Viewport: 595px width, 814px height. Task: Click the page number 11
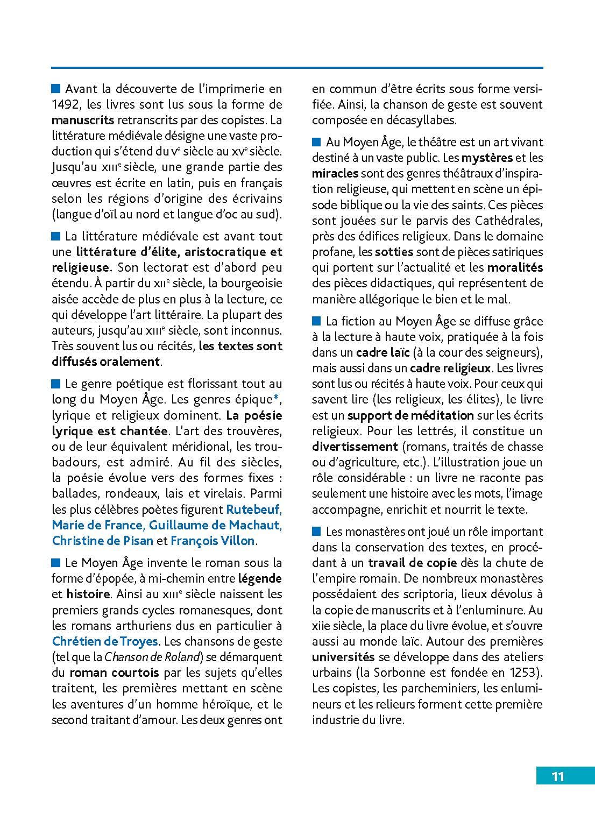(x=557, y=776)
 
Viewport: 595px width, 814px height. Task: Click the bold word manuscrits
(x=83, y=120)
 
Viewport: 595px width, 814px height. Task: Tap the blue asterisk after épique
(x=276, y=399)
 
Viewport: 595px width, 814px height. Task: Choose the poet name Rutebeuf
(x=253, y=509)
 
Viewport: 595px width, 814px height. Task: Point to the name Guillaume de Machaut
(x=215, y=525)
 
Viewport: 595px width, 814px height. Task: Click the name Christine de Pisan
(x=102, y=540)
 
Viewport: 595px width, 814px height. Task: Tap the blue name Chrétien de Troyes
(x=105, y=641)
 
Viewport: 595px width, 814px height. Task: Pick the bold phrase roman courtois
(x=114, y=673)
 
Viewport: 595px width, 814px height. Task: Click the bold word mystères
(x=487, y=158)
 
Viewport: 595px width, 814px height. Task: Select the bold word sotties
(x=394, y=252)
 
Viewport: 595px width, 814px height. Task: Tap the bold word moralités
(x=515, y=267)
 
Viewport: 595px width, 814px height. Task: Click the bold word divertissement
(x=355, y=447)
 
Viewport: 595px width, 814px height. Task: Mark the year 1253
(x=524, y=673)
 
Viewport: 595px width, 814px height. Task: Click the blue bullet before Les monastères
(x=316, y=532)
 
